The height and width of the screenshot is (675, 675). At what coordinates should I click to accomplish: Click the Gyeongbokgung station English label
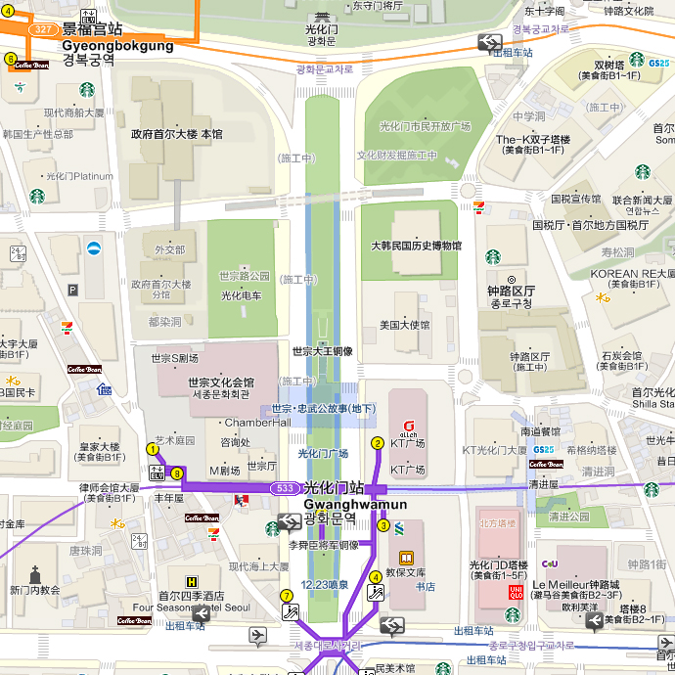[117, 45]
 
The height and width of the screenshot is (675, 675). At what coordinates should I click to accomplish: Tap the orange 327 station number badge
[41, 30]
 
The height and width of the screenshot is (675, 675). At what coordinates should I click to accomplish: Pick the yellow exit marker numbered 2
[378, 443]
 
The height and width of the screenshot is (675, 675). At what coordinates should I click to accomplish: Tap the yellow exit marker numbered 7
[287, 595]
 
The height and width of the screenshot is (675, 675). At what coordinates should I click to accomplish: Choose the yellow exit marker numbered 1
[152, 449]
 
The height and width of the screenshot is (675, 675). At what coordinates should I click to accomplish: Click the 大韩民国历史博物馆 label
[416, 246]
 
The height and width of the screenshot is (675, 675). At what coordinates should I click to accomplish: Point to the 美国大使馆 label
[404, 325]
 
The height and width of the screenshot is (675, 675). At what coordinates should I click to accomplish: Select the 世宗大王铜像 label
[323, 350]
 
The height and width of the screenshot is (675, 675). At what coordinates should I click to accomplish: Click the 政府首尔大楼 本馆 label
[177, 133]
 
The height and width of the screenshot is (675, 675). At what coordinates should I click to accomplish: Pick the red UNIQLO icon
[515, 591]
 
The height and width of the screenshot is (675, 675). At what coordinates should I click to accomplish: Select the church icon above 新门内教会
[35, 574]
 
